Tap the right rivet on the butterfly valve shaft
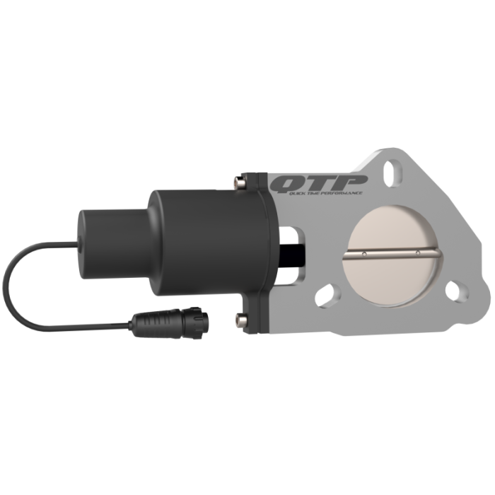coord(419,252)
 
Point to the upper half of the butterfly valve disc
coord(392,230)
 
